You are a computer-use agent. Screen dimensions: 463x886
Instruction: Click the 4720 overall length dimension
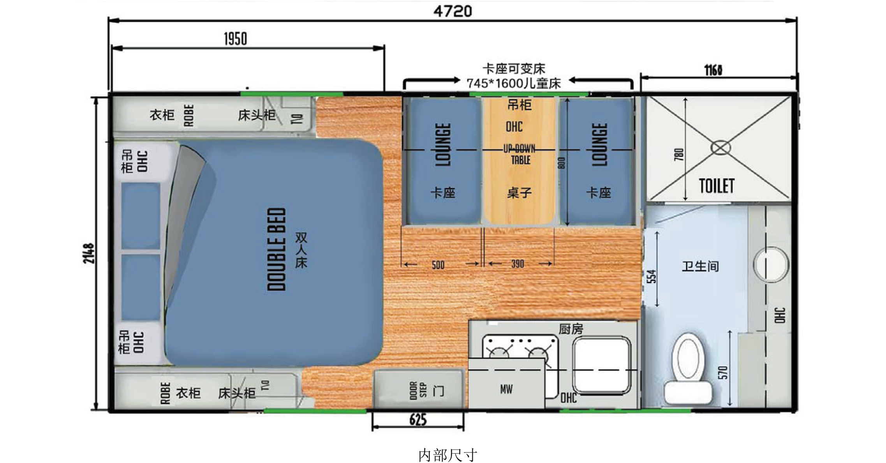(453, 11)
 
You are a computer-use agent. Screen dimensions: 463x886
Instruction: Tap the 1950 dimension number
(235, 39)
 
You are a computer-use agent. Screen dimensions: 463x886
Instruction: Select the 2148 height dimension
(89, 254)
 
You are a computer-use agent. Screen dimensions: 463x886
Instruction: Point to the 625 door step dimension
(418, 420)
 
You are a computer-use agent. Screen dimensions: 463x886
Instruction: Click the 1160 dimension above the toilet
(713, 70)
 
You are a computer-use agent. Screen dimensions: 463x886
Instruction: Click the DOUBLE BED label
(277, 249)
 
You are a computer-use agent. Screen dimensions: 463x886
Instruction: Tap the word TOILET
(717, 186)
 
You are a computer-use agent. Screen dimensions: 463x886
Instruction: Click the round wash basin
(771, 264)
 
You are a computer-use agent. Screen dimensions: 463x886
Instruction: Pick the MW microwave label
(506, 389)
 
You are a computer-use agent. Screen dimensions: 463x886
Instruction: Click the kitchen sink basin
(601, 365)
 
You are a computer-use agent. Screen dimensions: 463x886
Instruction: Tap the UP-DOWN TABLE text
(520, 154)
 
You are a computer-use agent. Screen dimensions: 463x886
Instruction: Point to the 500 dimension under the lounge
(438, 265)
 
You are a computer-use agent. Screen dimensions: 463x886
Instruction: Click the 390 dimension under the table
(517, 264)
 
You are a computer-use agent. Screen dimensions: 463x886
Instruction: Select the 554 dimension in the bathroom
(651, 276)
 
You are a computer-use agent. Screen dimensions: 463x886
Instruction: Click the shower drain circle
(720, 148)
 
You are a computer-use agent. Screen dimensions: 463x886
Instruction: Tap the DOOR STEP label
(417, 390)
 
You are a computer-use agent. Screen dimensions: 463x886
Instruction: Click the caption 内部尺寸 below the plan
(447, 455)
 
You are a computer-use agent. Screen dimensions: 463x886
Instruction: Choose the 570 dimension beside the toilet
(722, 373)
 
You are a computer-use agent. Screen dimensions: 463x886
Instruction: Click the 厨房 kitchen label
(571, 329)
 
